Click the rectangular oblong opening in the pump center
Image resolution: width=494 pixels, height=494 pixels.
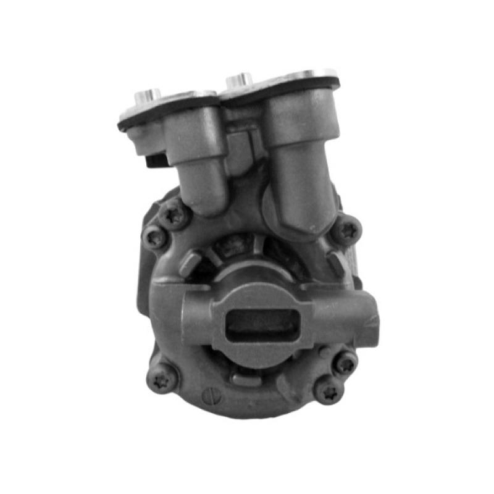(x=264, y=324)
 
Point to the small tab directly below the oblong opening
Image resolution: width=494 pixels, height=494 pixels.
(x=247, y=375)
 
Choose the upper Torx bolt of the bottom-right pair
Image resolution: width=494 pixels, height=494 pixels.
(x=346, y=362)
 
